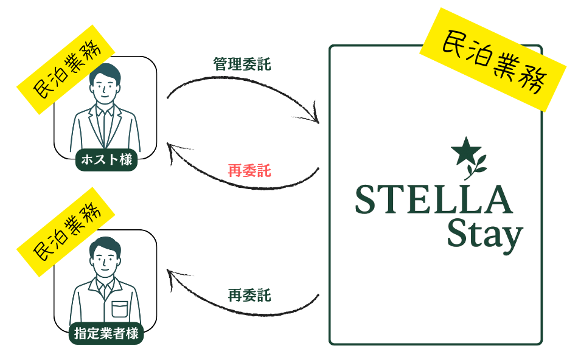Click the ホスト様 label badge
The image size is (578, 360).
[x=106, y=161]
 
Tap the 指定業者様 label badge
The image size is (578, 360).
[x=106, y=333]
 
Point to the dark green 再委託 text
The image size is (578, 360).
[x=249, y=296]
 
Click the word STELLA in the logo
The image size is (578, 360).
[x=433, y=200]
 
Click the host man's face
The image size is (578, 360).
[x=105, y=88]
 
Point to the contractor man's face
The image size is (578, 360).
[x=105, y=261]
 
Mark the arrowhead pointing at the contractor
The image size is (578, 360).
[x=172, y=277]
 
